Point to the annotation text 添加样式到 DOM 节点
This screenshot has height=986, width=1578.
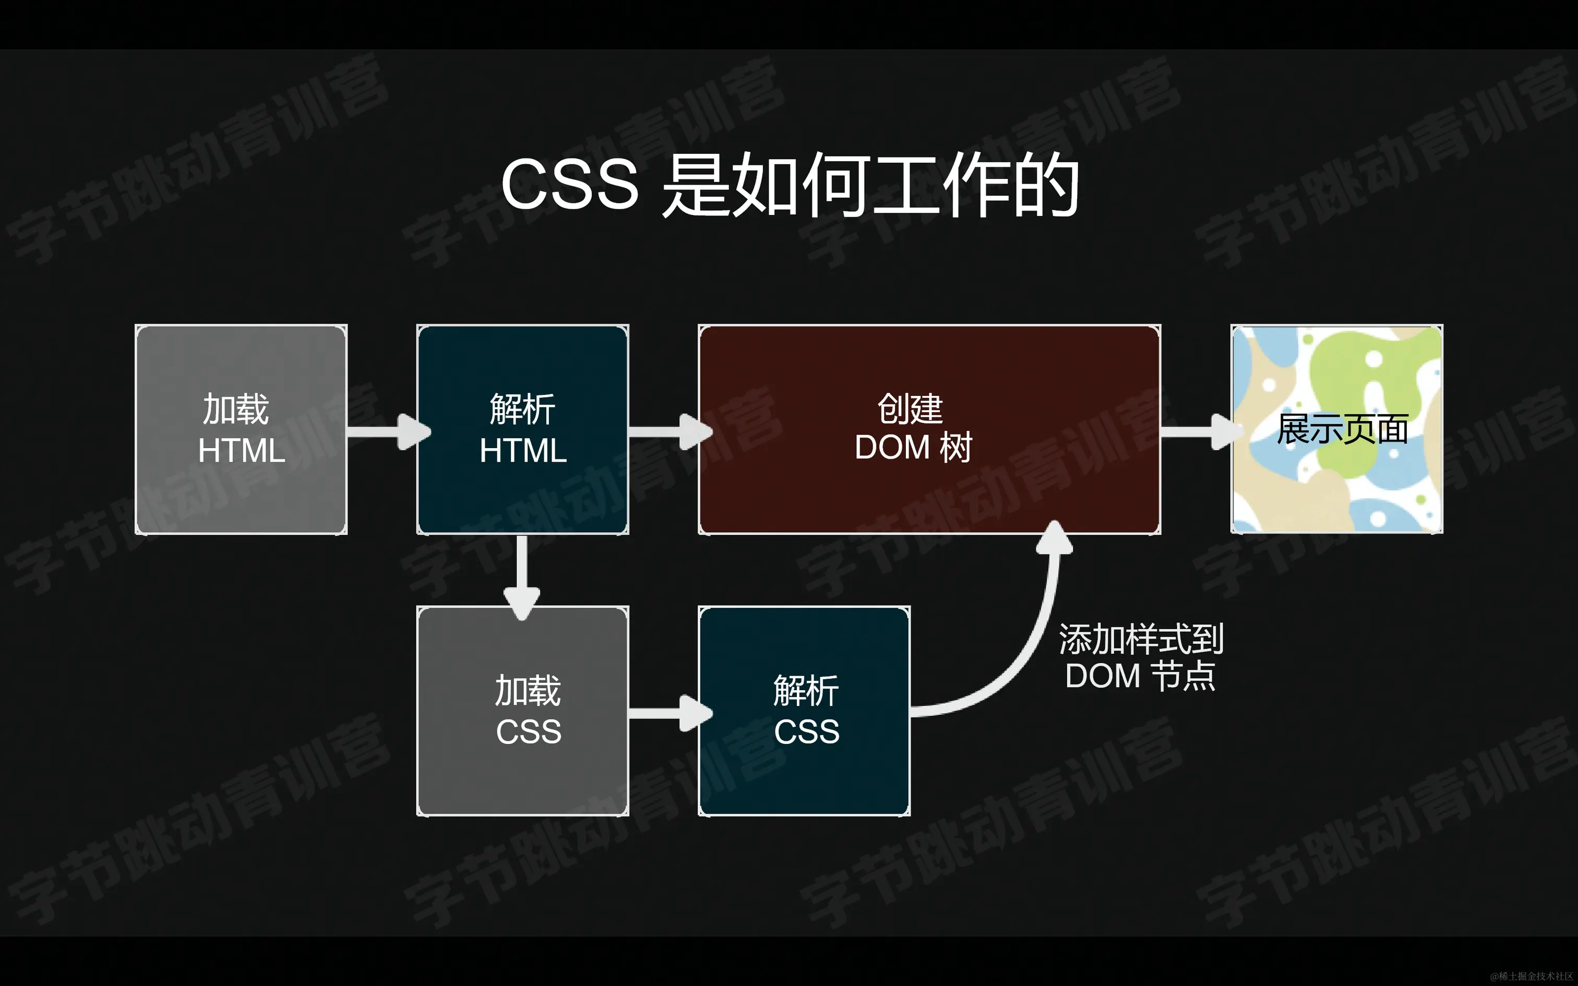pyautogui.click(x=1141, y=657)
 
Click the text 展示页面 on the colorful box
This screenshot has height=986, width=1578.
pyautogui.click(x=1342, y=429)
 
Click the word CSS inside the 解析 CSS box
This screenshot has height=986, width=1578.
pyautogui.click(x=807, y=731)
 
